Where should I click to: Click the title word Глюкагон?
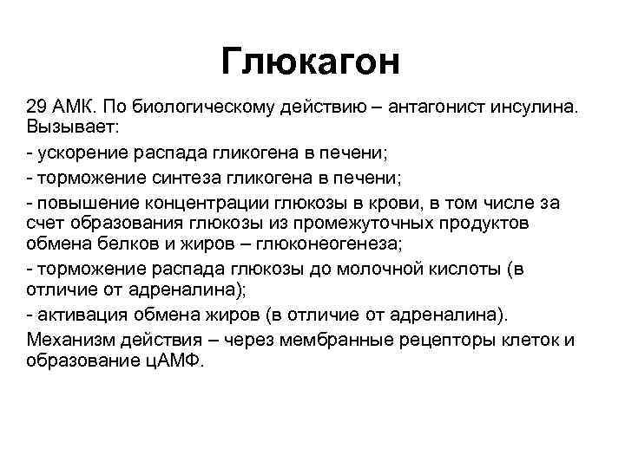tap(311, 61)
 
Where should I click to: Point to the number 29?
tap(37, 107)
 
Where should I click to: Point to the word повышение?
tap(81, 204)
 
